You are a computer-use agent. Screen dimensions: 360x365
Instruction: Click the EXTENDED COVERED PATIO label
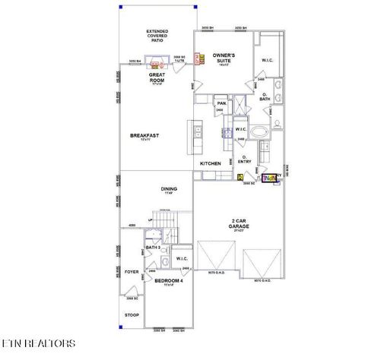click(157, 36)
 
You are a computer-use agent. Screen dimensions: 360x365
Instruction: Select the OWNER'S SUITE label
click(224, 58)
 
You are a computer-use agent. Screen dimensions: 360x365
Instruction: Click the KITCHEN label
click(211, 163)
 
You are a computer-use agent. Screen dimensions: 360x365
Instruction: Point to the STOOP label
click(132, 314)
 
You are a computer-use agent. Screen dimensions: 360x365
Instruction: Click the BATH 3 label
click(151, 248)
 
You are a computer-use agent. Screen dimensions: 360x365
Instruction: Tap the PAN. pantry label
click(222, 103)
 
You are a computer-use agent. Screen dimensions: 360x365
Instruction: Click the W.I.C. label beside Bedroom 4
click(181, 259)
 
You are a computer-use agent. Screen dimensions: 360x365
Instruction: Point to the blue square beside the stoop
click(121, 327)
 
